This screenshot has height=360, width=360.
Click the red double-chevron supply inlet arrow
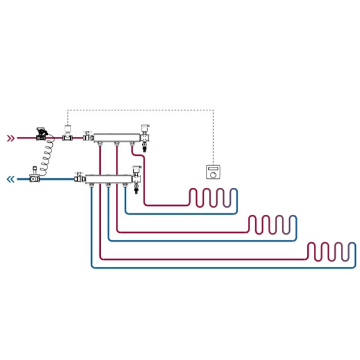pyautogui.click(x=10, y=138)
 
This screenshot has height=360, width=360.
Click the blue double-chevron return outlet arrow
pyautogui.click(x=10, y=179)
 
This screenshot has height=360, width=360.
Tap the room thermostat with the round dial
pyautogui.click(x=213, y=172)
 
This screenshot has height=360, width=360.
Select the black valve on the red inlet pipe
pyautogui.click(x=41, y=133)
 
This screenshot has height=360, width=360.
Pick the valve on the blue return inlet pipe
pyautogui.click(x=35, y=175)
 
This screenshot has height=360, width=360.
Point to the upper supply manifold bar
pyautogui.click(x=116, y=137)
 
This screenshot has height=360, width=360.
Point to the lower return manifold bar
pyautogui.click(x=108, y=178)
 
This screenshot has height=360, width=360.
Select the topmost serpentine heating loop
pyautogui.click(x=214, y=197)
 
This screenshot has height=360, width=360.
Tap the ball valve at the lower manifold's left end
pyautogui.click(x=79, y=178)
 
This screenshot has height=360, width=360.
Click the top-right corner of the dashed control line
pyautogui.click(x=213, y=110)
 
